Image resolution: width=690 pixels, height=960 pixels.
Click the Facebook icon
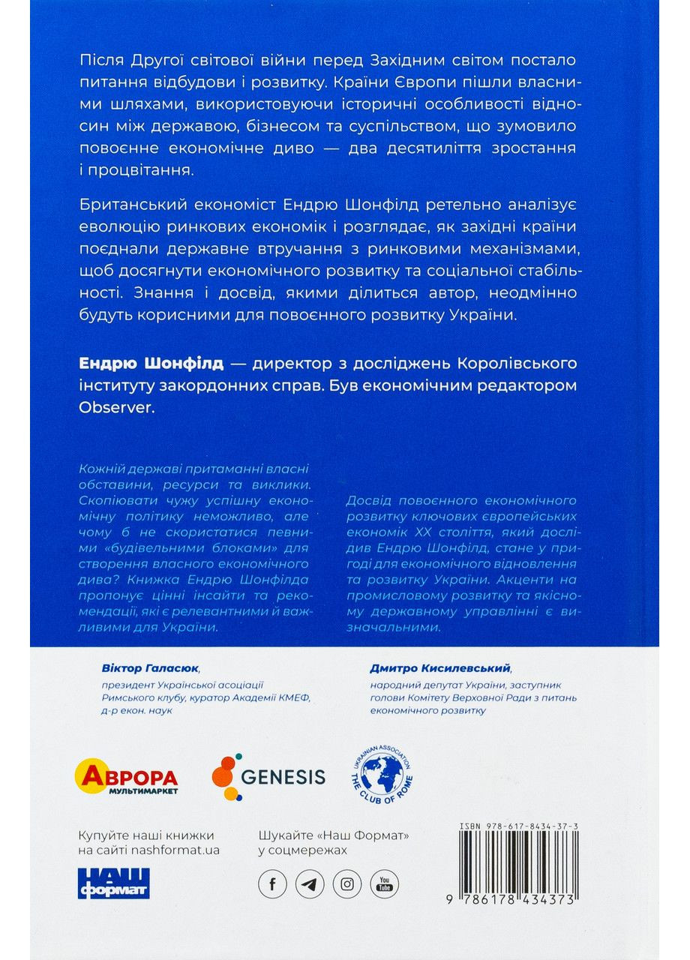272,883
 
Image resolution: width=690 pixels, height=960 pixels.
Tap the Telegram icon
310,883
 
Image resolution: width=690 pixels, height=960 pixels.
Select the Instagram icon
346,883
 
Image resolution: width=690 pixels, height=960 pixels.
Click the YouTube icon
384,883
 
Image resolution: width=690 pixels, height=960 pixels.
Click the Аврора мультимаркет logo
127,778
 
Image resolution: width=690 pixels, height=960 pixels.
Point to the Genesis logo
268,777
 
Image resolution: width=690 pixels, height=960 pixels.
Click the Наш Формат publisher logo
114,883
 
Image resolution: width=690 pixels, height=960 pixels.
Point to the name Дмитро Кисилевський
429,667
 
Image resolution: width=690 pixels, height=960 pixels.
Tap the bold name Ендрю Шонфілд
151,364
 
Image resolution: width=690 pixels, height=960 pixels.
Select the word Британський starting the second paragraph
122,205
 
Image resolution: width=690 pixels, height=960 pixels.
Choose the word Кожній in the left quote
97,469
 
